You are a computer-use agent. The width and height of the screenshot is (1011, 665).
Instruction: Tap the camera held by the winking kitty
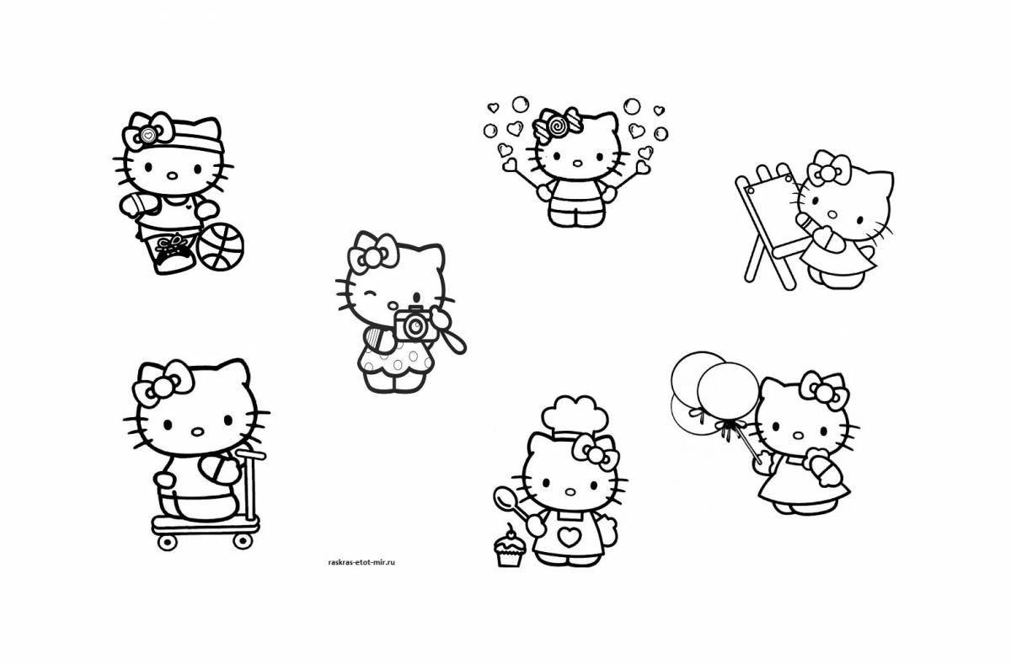pyautogui.click(x=414, y=325)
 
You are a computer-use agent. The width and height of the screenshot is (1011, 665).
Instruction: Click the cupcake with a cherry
pyautogui.click(x=509, y=550)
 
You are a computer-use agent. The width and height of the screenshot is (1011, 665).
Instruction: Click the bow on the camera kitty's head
pyautogui.click(x=372, y=252)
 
